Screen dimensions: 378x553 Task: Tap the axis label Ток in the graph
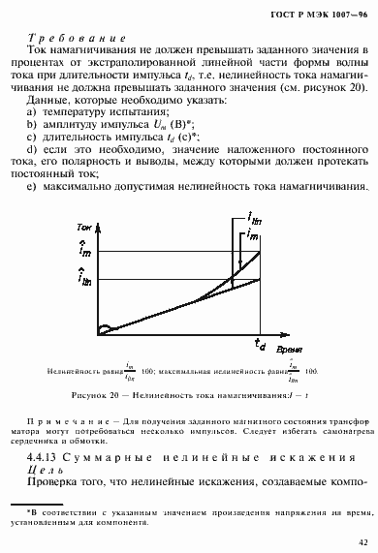(84, 226)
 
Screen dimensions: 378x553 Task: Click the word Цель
(46, 469)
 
